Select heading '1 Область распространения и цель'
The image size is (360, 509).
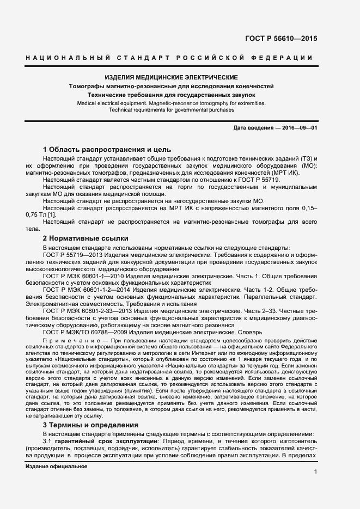coord(107,149)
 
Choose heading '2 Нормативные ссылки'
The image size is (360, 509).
coord(86,238)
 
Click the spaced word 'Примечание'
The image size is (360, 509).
coord(65,340)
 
